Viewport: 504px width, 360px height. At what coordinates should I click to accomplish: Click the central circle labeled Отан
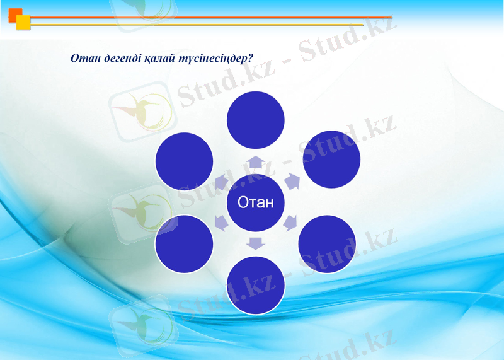coord(255,202)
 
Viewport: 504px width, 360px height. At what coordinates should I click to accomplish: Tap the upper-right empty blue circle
coord(331,159)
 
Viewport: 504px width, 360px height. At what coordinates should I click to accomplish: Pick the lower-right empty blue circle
coord(326,244)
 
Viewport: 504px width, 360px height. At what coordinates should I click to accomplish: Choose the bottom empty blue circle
coord(255,285)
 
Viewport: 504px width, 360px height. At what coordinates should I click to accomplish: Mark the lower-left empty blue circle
coord(184,244)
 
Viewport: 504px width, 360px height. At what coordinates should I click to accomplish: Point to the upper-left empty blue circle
coord(184,160)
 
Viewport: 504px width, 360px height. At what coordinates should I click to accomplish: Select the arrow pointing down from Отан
coord(255,242)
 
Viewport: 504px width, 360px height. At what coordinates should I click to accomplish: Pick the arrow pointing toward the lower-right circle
coord(290,222)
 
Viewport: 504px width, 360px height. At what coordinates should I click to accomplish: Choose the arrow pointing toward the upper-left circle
coord(220,183)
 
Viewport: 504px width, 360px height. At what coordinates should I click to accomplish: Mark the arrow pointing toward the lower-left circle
coord(221,222)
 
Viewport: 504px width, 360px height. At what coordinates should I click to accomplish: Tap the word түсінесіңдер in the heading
coord(212,58)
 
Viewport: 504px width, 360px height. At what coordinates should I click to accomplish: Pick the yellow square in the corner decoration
coord(23,23)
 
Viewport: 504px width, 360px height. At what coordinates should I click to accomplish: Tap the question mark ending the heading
coord(250,58)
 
